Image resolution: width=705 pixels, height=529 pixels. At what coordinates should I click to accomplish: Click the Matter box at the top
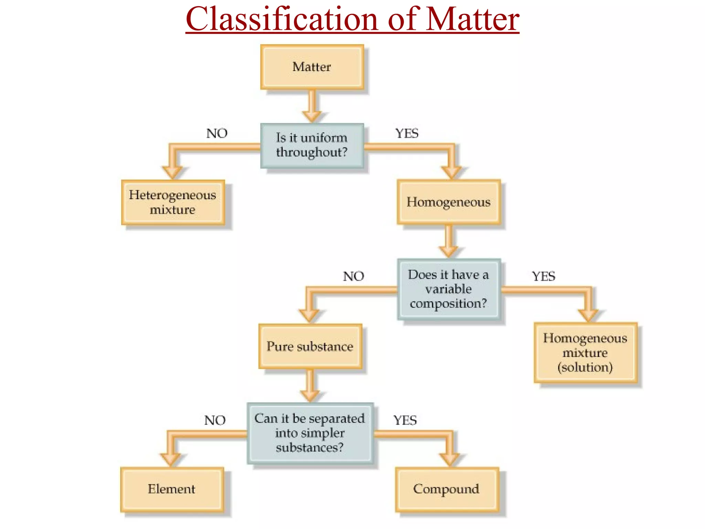pyautogui.click(x=312, y=67)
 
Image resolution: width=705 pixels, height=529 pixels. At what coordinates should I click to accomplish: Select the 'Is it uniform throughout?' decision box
pyautogui.click(x=312, y=145)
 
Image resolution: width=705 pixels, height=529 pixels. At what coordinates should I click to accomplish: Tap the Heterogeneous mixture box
pyautogui.click(x=173, y=202)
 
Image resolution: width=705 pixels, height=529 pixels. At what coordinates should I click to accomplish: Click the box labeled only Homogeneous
pyautogui.click(x=449, y=202)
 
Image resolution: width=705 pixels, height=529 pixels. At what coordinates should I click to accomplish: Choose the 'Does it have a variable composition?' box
pyautogui.click(x=449, y=289)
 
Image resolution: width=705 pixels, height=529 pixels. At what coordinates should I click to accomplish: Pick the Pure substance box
pyautogui.click(x=310, y=346)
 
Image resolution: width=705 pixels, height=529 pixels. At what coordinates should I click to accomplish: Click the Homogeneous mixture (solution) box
pyautogui.click(x=585, y=353)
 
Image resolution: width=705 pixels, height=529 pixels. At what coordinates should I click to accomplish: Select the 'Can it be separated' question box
pyautogui.click(x=310, y=433)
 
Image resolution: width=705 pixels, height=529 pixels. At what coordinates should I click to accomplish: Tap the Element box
pyautogui.click(x=172, y=489)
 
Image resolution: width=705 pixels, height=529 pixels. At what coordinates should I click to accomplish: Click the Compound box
pyautogui.click(x=446, y=489)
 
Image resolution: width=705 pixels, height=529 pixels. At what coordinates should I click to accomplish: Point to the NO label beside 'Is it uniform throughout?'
pyautogui.click(x=217, y=133)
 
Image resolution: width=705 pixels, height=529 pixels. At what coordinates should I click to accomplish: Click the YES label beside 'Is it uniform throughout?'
pyautogui.click(x=407, y=133)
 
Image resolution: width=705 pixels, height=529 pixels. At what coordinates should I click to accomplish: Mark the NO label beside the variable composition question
pyautogui.click(x=354, y=276)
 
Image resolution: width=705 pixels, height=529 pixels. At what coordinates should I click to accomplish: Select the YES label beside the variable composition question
pyautogui.click(x=544, y=276)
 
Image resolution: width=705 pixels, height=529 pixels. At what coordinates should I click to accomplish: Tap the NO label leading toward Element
pyautogui.click(x=215, y=420)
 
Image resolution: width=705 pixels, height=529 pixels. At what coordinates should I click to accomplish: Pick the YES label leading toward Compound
pyautogui.click(x=405, y=420)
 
